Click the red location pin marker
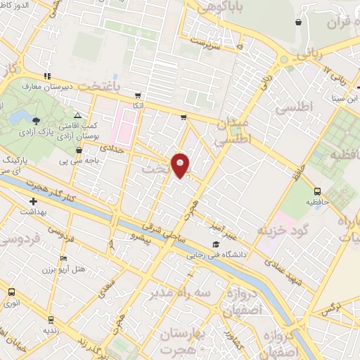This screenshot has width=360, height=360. coord(181,165)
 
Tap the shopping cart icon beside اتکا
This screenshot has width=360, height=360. coord(138,96)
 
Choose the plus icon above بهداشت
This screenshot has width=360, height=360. coord(32,202)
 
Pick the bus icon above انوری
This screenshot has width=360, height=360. coord(11,291)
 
